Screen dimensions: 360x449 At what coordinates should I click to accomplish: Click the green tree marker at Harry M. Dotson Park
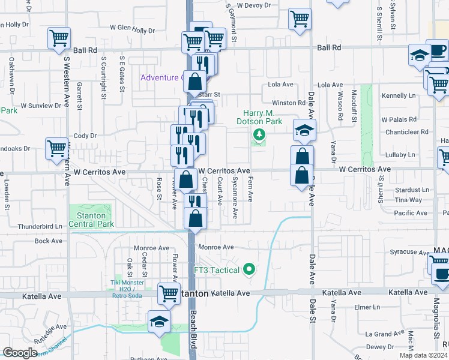pyautogui.click(x=259, y=135)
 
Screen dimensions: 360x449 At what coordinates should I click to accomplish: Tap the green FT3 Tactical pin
pyautogui.click(x=250, y=270)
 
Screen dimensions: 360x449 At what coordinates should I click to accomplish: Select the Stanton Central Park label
pyautogui.click(x=91, y=220)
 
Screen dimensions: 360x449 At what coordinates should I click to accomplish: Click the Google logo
pyautogui.click(x=20, y=353)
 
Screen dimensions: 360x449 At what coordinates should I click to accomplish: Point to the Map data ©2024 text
pyautogui.click(x=423, y=355)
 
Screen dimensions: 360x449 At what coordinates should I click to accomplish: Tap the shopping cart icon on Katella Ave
pyautogui.click(x=169, y=293)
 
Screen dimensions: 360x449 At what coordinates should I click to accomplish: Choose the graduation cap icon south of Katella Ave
pyautogui.click(x=159, y=320)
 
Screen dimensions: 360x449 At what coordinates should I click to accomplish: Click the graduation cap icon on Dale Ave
pyautogui.click(x=305, y=130)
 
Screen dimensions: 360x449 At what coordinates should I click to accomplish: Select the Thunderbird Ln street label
pyautogui.click(x=40, y=226)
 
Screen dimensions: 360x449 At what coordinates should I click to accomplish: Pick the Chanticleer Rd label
pyautogui.click(x=407, y=131)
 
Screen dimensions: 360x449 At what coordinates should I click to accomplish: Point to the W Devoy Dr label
pyautogui.click(x=254, y=5)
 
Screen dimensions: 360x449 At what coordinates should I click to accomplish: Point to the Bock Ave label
pyautogui.click(x=49, y=241)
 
